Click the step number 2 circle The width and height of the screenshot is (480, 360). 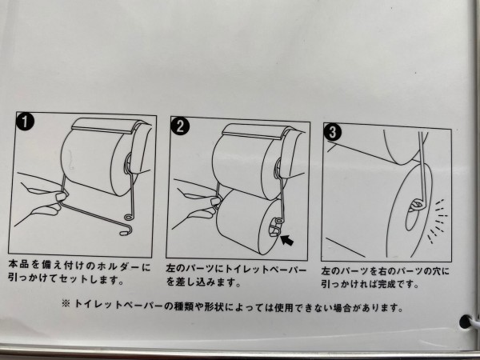point(182,126)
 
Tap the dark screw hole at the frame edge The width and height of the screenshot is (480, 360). point(464,323)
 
